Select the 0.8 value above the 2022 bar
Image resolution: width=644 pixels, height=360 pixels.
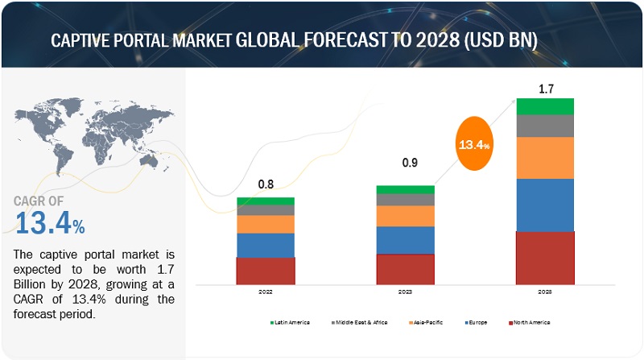click(265, 184)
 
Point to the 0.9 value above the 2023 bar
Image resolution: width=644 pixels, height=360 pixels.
click(405, 164)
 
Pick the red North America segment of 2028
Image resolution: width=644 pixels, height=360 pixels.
click(545, 258)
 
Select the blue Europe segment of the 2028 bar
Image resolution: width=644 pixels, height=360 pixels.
click(545, 205)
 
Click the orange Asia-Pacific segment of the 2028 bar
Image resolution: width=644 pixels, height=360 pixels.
click(545, 158)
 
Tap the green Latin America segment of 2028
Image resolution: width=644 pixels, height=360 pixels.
click(545, 106)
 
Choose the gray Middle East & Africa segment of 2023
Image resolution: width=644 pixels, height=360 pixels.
click(405, 200)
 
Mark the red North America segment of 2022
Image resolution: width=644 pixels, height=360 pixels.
click(265, 271)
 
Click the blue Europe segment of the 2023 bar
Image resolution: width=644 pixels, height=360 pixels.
click(405, 240)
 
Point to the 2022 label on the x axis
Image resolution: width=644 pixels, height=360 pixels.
click(265, 294)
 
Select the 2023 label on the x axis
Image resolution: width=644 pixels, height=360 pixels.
click(405, 294)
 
